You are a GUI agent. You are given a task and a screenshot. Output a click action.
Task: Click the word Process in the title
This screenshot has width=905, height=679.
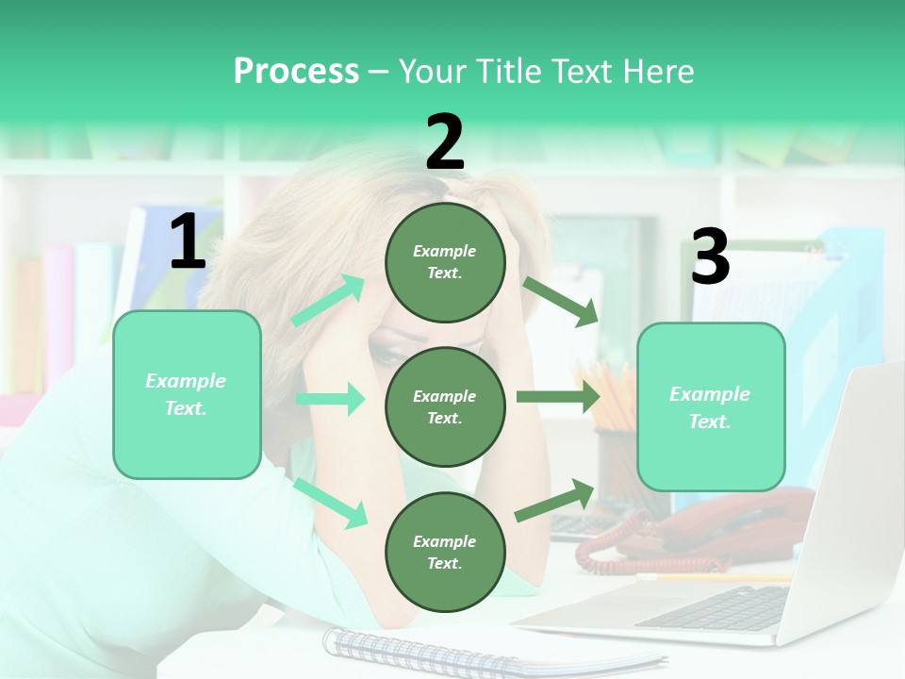(x=296, y=71)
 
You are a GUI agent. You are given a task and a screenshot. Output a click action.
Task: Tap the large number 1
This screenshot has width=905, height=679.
(x=188, y=242)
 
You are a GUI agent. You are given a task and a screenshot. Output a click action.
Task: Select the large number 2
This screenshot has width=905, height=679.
(x=445, y=142)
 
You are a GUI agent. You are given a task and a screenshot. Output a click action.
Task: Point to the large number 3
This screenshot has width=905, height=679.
(x=710, y=257)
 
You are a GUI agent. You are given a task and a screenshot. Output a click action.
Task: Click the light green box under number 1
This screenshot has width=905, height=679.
(x=187, y=394)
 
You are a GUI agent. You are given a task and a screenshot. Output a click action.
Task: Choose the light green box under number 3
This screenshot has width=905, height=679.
(x=711, y=406)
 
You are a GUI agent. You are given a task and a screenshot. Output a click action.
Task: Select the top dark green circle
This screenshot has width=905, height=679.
(x=445, y=262)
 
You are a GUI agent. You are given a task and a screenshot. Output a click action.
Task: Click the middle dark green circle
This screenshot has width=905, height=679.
(x=445, y=406)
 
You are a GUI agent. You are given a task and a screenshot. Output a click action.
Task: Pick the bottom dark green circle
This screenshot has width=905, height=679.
(x=445, y=552)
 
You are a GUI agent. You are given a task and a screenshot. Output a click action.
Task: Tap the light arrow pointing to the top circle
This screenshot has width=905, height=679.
(x=328, y=301)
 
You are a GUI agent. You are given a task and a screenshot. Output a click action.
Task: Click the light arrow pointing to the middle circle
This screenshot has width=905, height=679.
(x=330, y=399)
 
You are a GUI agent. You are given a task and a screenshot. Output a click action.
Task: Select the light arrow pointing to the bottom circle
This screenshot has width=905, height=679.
(x=331, y=503)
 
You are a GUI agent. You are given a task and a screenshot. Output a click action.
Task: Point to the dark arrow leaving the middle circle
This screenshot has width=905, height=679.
(x=557, y=396)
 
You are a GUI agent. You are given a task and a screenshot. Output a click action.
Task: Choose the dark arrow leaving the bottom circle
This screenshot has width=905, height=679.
(x=555, y=500)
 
